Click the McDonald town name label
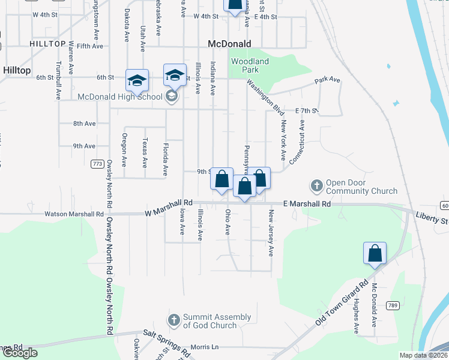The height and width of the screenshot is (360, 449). (229, 43)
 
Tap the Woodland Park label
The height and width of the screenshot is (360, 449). (250, 65)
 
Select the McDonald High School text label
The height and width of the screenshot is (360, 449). (120, 97)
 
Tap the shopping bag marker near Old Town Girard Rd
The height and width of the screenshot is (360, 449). (375, 253)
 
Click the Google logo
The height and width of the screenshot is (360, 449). (20, 353)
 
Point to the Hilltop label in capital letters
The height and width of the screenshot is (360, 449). (47, 44)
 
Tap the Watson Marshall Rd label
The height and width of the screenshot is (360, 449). (74, 214)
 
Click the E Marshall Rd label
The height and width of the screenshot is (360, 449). (307, 204)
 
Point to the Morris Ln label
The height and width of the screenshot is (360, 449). (205, 347)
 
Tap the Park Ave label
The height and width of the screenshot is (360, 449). (327, 80)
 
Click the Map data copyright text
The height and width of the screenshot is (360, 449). (423, 355)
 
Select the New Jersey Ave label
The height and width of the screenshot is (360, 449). (271, 233)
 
